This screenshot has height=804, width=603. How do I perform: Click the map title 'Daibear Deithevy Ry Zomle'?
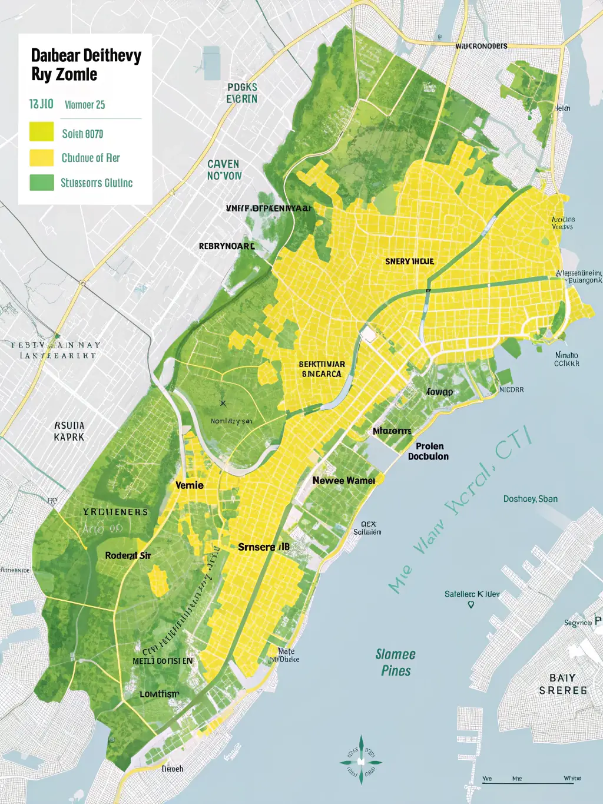pos(86,65)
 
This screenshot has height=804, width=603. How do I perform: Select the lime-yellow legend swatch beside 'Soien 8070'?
pos(41,132)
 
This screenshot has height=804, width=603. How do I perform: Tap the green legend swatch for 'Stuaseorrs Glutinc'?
pos(41,183)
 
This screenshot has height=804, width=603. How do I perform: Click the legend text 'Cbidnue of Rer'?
pos(91,158)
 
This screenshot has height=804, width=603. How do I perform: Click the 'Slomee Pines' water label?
pos(396,663)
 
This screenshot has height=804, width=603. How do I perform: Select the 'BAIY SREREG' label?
pos(562,684)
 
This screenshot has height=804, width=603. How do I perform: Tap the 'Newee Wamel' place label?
pos(343,481)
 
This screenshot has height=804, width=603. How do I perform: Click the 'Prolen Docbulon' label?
pos(429,451)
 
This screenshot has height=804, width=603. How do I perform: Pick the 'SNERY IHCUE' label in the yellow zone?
pos(409,261)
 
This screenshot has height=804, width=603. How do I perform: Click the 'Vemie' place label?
pos(190,485)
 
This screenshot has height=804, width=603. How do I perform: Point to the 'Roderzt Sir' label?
pos(128,555)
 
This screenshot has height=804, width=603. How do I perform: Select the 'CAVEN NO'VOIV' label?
pos(224,170)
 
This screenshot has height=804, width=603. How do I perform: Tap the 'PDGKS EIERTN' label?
pos(242,93)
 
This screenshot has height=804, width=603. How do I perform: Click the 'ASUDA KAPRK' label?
pos(69,431)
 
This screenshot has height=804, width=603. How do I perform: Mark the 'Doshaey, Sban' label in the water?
pos(530,499)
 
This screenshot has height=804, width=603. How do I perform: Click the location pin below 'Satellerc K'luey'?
pos(471,605)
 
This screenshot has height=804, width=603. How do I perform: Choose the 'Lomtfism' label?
pos(159,694)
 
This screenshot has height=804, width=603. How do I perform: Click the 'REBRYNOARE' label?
pos(227,246)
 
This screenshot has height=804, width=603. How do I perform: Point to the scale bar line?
pos(530,783)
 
